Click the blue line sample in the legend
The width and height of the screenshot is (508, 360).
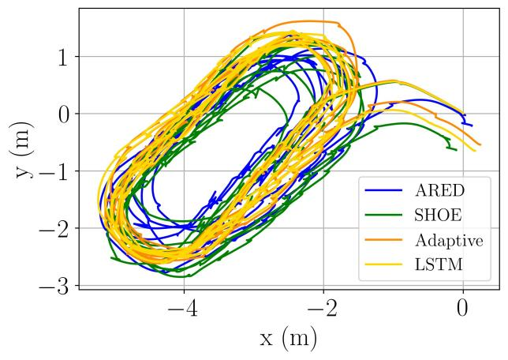point(382,191)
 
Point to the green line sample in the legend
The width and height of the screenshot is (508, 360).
point(382,216)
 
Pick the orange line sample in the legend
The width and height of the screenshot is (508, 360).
point(382,241)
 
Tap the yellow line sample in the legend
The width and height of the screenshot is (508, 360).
point(382,265)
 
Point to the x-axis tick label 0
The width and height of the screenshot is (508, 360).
point(463,307)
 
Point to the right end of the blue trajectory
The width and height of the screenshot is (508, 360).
point(472,125)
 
